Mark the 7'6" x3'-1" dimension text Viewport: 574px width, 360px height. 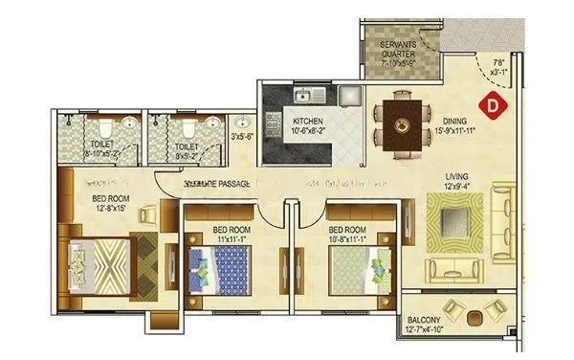click(497, 64)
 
